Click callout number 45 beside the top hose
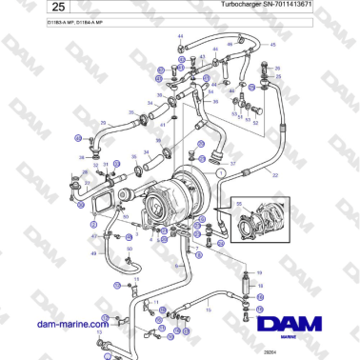[x=272, y=45]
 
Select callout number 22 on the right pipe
[x=276, y=176]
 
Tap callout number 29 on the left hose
[x=103, y=123]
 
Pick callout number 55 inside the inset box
[x=239, y=206]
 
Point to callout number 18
[x=262, y=285]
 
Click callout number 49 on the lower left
[x=93, y=253]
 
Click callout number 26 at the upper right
[x=277, y=70]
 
